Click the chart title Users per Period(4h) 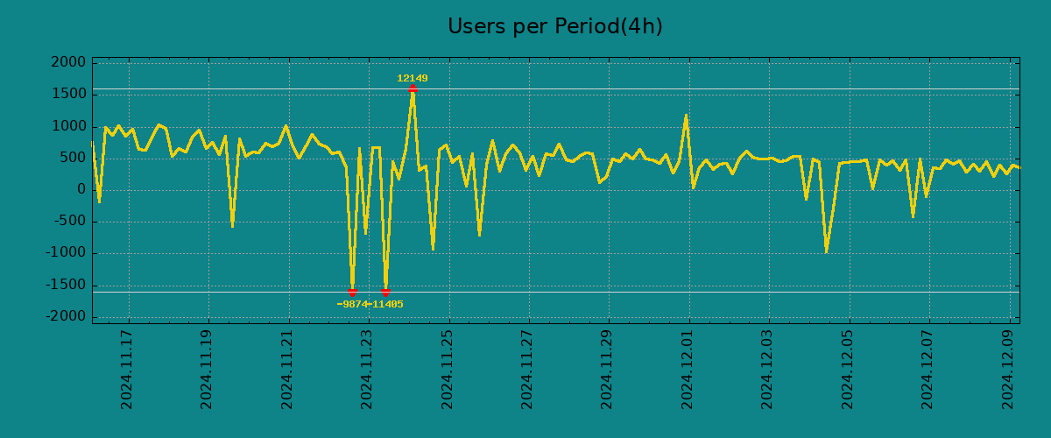coord(554,27)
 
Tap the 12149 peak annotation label coord(412,79)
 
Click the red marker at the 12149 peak coord(412,88)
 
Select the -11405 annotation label coord(386,305)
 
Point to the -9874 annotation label coord(352,305)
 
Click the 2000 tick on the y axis coord(67,63)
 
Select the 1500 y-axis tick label coord(67,95)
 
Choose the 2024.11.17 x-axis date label coord(127,369)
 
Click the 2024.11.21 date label coord(287,369)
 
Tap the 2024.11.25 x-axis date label coord(448,369)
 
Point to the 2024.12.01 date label coord(688,369)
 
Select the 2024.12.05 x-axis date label coord(848,369)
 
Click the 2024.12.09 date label coord(1008,369)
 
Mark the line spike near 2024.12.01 coord(686,116)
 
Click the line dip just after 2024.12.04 coord(826,251)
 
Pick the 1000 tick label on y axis coord(67,126)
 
